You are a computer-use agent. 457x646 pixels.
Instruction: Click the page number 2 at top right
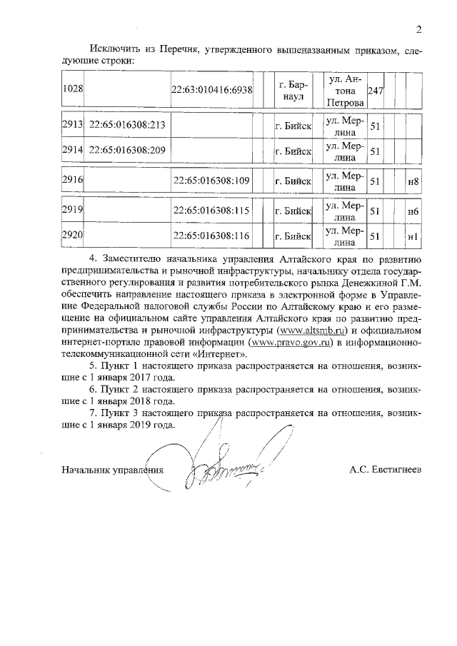tap(419, 29)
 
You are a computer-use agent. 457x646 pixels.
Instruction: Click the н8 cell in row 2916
tap(412, 181)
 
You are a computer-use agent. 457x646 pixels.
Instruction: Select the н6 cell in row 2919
tap(412, 212)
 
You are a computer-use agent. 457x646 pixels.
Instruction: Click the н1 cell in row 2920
tap(412, 236)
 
